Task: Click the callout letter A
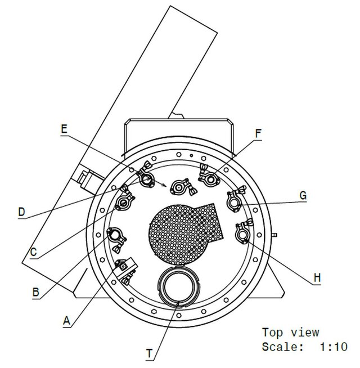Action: point(66,321)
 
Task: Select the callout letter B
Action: point(35,292)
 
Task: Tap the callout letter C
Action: point(34,252)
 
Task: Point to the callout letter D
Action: point(21,212)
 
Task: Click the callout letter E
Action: point(64,129)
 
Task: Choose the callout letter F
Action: point(258,134)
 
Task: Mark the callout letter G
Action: point(303,195)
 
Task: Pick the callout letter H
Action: point(317,278)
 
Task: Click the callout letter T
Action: point(149,353)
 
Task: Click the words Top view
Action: point(291,333)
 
